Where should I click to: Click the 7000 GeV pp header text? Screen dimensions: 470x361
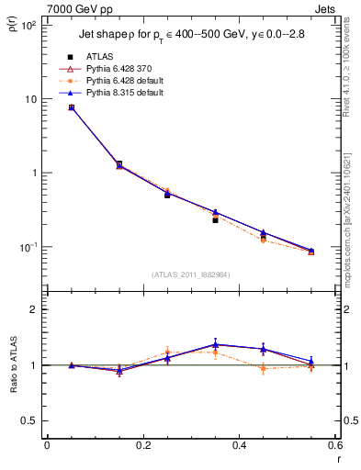pyautogui.click(x=76, y=8)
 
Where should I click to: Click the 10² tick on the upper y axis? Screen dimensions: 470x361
pyautogui.click(x=28, y=26)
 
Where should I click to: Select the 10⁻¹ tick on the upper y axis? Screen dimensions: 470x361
pyautogui.click(x=28, y=247)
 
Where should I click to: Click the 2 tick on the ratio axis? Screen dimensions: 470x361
pyautogui.click(x=32, y=309)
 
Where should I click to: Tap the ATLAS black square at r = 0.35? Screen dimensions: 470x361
pyautogui.click(x=215, y=220)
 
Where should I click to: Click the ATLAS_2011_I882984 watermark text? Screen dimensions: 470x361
pyautogui.click(x=190, y=274)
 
